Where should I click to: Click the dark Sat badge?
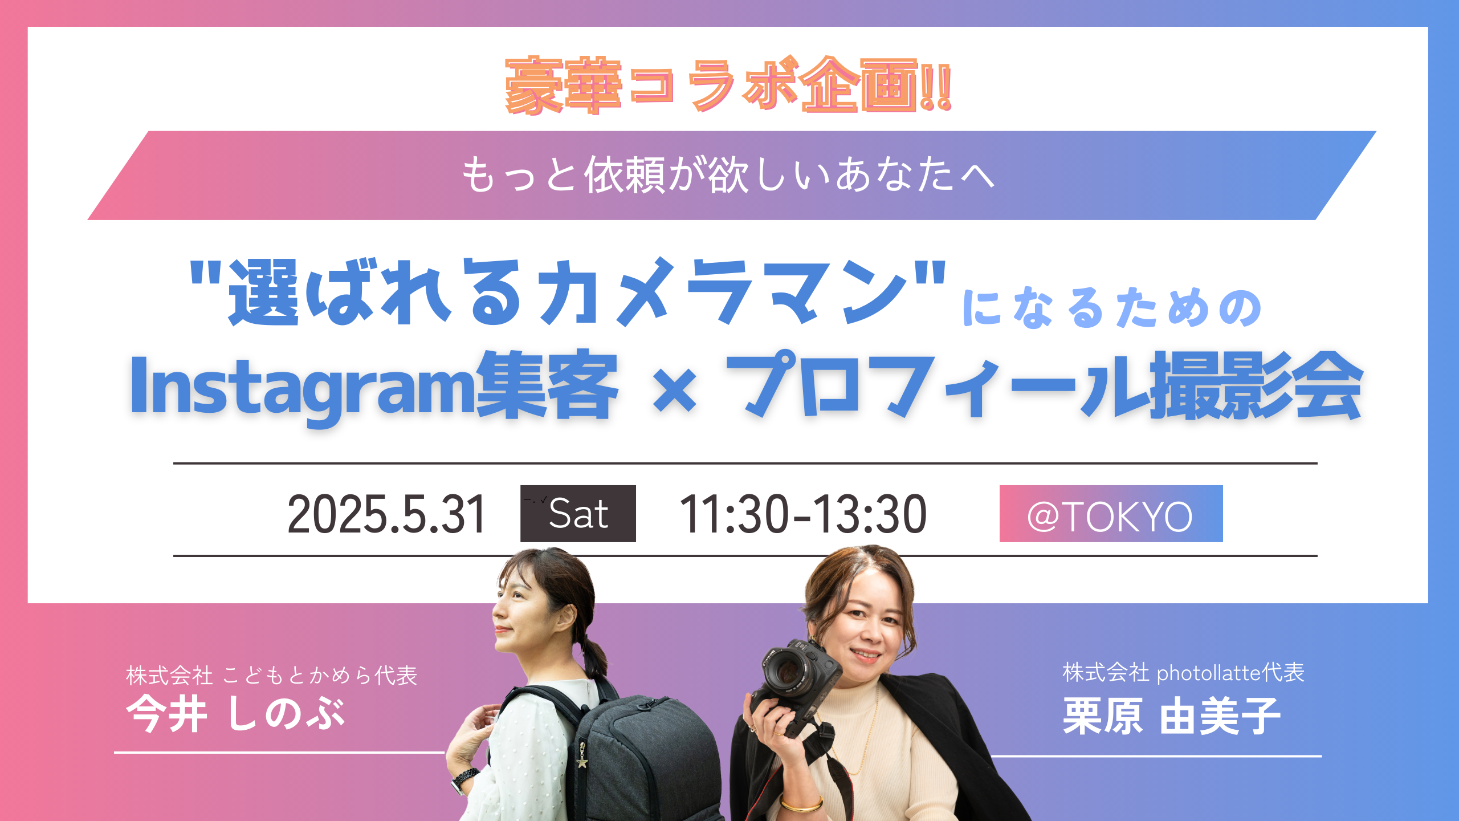click(578, 513)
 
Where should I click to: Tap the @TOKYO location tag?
click(1111, 513)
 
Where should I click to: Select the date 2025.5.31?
click(386, 514)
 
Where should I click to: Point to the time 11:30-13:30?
click(803, 514)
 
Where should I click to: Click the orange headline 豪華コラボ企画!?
click(728, 86)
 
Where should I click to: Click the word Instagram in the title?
click(303, 388)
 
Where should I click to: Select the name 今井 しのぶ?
click(235, 714)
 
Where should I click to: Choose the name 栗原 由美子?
click(1172, 716)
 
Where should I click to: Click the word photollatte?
click(1209, 673)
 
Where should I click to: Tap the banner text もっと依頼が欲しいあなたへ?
click(728, 174)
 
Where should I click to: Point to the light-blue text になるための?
click(1112, 308)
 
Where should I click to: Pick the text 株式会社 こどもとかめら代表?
click(272, 675)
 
